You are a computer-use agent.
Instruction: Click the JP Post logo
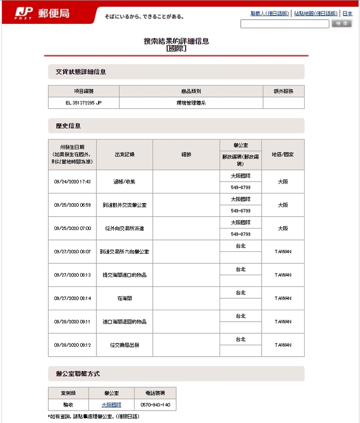pos(42,13)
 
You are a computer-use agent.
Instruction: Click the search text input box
pos(284,24)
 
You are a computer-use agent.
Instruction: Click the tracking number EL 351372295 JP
pos(84,103)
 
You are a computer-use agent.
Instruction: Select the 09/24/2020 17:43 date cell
pos(72,182)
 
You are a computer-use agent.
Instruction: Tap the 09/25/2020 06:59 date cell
pos(72,205)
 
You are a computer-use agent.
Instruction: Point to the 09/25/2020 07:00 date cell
pos(72,229)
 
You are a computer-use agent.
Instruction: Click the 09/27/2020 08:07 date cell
pos(72,252)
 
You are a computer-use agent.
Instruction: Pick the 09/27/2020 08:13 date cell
pos(72,275)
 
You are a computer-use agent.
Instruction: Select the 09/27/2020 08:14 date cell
pos(72,298)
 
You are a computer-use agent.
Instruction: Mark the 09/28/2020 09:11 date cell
pos(72,322)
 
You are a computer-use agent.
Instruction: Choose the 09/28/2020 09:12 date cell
pos(72,345)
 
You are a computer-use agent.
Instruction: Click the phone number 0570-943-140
pos(155,405)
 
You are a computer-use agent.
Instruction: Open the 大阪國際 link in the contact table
pos(111,405)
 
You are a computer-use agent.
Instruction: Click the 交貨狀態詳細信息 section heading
pos(81,72)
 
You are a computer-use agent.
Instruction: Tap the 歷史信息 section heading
pos(68,126)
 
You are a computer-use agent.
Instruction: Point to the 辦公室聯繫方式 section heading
pos(78,373)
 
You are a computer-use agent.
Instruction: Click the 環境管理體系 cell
pos(191,103)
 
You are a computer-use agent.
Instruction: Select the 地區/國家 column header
pos(283,154)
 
